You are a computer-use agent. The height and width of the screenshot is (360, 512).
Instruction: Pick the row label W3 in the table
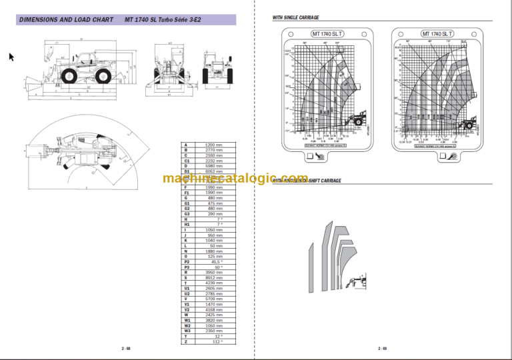tap(186, 331)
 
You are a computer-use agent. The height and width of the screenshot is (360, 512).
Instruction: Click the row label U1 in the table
tap(186, 287)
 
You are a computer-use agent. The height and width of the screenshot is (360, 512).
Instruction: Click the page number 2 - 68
tap(126, 348)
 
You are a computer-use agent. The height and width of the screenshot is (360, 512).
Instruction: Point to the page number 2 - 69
tap(383, 348)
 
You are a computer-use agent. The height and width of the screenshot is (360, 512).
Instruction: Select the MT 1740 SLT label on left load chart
tap(323, 33)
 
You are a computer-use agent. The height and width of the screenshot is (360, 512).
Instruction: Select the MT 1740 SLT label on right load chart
tap(437, 33)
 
